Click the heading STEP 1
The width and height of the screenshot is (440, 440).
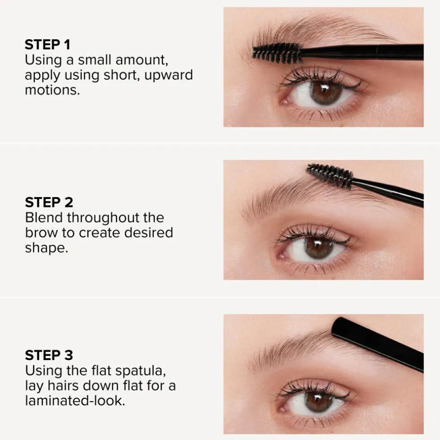(47, 45)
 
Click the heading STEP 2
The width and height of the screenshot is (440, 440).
(49, 202)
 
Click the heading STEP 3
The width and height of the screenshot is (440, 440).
(49, 355)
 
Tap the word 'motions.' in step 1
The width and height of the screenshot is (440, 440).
(52, 90)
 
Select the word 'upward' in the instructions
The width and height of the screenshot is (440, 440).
(169, 76)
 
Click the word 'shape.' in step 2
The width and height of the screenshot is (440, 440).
(47, 248)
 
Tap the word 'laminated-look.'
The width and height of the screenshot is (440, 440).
(75, 401)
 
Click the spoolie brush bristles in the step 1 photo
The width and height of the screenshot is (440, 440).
(277, 53)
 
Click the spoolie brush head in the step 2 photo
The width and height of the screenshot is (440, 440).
(330, 176)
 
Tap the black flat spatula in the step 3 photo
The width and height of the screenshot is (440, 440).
(377, 344)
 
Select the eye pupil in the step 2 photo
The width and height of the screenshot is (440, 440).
(318, 247)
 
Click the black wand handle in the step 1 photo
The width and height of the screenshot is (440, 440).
(362, 52)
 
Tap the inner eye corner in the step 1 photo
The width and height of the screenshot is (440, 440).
(284, 101)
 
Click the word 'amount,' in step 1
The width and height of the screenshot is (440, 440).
(142, 60)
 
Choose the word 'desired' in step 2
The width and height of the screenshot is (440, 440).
(148, 233)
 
